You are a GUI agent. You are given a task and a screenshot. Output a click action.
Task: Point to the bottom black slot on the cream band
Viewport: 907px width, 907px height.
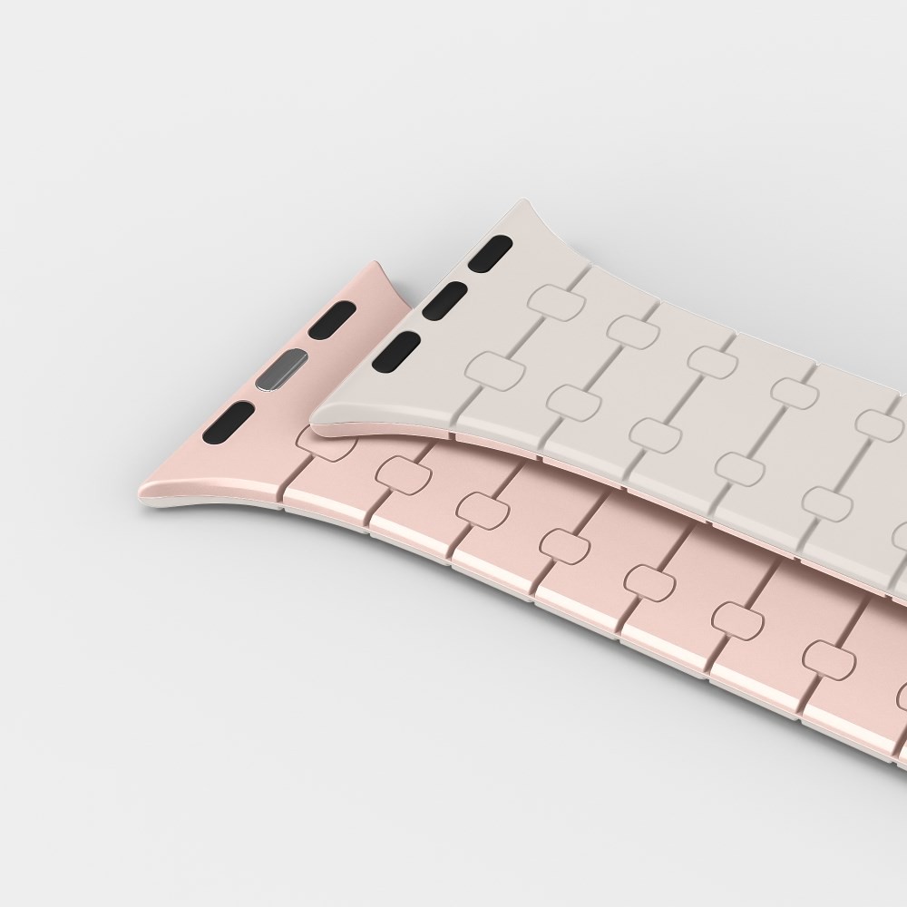coord(396,351)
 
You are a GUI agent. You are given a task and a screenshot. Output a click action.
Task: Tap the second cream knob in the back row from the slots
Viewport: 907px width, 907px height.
coord(632,328)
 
